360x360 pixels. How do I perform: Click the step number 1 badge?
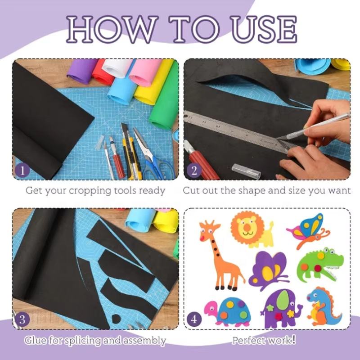22,171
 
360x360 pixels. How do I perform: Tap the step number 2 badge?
194,171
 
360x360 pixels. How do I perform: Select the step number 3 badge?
22,319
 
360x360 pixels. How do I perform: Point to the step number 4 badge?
194,319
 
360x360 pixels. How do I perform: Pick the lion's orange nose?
247,227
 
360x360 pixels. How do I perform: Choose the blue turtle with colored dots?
227,312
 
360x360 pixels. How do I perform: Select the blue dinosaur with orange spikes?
324,306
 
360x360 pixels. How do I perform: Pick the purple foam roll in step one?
82,71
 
